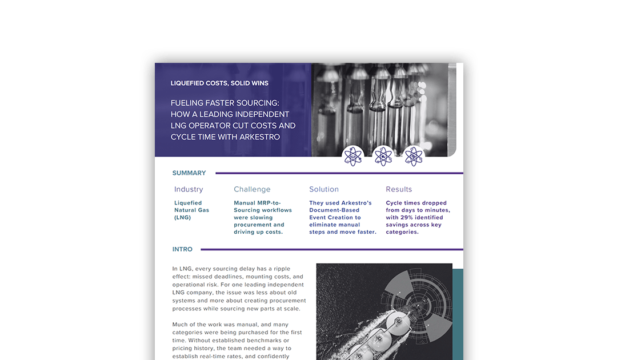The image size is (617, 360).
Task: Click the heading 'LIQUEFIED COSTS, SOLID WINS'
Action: (x=219, y=83)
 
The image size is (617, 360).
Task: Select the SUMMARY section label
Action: (x=189, y=173)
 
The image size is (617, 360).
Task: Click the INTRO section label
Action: (x=182, y=250)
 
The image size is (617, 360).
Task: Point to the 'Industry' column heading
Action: (x=189, y=190)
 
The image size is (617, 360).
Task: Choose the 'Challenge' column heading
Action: (x=252, y=190)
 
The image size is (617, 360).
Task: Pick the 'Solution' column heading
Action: (x=324, y=190)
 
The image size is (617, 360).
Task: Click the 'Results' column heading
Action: (x=399, y=190)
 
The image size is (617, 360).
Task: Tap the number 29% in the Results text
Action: (x=406, y=218)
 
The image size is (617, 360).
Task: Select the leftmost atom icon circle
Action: (x=353, y=156)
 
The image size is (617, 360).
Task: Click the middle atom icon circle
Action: (x=383, y=156)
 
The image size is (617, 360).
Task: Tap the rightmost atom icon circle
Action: (x=414, y=156)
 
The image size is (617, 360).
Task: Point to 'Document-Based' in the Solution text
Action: (x=335, y=210)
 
